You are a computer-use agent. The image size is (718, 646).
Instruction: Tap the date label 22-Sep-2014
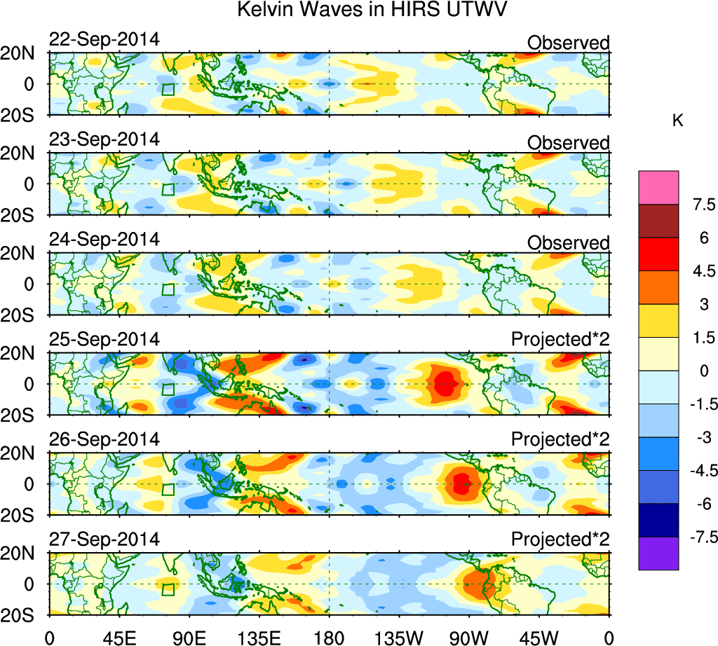coord(104,39)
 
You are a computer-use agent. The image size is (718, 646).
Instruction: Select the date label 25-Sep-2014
coord(104,340)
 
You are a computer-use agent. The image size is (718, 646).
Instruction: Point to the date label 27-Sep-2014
coord(104,540)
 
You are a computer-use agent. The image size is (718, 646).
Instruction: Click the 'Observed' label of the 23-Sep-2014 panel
coord(569,143)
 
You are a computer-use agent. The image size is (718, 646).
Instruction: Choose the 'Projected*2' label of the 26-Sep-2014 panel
coord(560,440)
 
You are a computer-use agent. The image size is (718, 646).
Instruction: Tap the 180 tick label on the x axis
coord(330,636)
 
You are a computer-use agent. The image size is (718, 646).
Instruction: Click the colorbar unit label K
coord(677,121)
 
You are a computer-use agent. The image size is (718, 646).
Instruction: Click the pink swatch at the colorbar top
coord(658,188)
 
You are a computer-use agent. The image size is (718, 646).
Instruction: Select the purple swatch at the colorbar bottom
coord(658,554)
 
